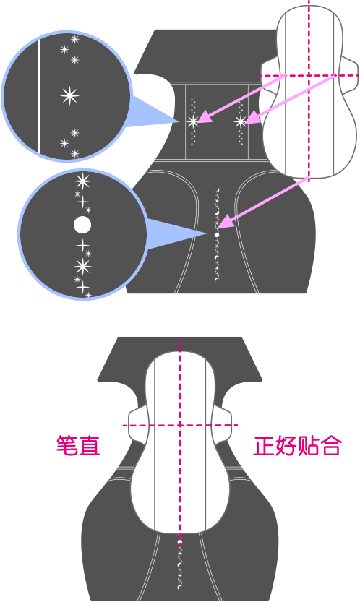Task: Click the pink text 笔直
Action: coord(78,445)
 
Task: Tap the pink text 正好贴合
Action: coord(297,445)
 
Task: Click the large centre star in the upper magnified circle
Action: coord(69,95)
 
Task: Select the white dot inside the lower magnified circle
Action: coord(82,225)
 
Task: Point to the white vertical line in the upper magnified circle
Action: coord(39,96)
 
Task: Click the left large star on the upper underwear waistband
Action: coord(193,121)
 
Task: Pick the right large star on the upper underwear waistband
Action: coord(241,121)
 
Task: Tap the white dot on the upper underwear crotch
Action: coord(217,235)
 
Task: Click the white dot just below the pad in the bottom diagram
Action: coord(179,542)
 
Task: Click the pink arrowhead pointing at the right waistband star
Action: coord(251,119)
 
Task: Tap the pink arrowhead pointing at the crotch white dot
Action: coord(227,222)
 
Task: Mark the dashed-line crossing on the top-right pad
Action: coord(309,76)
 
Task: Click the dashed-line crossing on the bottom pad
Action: coord(180,425)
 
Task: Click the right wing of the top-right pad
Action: coord(349,77)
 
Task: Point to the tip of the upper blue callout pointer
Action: coord(179,121)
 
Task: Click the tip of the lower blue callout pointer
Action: coord(208,233)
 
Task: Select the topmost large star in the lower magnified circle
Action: coord(82,181)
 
